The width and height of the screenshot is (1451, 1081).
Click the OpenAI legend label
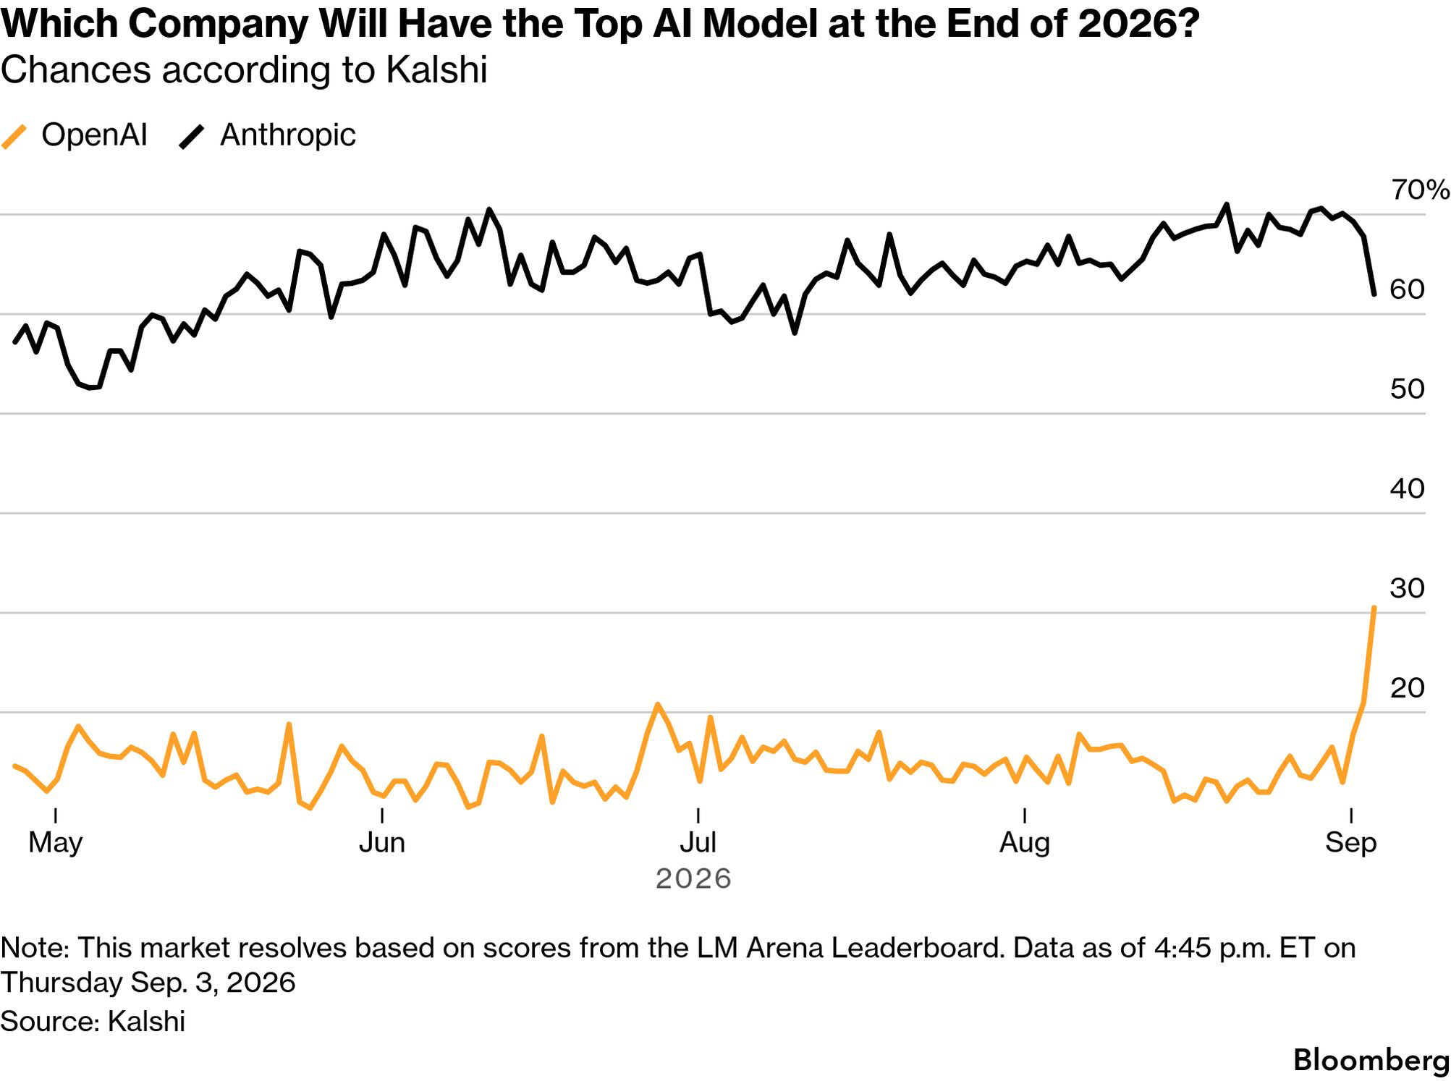(94, 135)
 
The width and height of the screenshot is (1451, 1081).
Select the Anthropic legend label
(288, 135)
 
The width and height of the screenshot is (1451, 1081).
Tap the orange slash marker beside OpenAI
(14, 136)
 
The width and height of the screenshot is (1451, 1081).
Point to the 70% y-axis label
(1420, 190)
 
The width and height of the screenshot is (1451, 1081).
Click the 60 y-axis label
(1407, 289)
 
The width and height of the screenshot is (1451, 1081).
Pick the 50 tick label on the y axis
(1407, 389)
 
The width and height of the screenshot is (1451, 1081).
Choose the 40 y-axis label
(1407, 489)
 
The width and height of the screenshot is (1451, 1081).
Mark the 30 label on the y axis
(1407, 588)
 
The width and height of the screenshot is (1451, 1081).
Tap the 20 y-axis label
(1407, 688)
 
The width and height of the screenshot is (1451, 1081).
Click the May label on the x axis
(56, 843)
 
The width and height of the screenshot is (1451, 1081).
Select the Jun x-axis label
(382, 843)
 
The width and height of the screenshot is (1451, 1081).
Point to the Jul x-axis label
(698, 843)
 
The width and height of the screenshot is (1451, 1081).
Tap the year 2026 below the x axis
(693, 879)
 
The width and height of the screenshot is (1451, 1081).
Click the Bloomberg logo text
(1371, 1061)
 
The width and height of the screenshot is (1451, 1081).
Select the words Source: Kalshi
(93, 1022)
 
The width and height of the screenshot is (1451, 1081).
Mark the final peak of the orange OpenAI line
(1374, 608)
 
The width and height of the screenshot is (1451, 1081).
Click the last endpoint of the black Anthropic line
(1374, 294)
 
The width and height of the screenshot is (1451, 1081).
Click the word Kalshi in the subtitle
(436, 70)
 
